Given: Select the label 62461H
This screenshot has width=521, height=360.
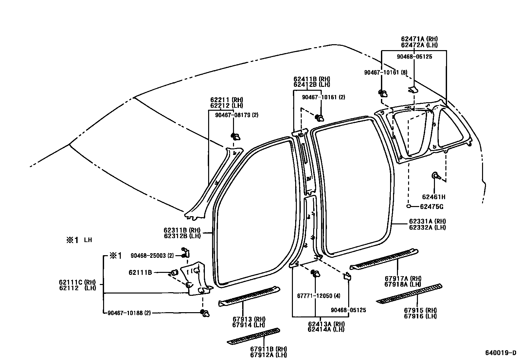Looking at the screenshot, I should click(434, 197).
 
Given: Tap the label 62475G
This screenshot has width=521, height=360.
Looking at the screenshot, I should click(432, 207).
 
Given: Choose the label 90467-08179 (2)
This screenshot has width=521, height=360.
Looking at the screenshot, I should click(237, 115).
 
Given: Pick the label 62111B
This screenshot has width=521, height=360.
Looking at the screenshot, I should click(140, 272).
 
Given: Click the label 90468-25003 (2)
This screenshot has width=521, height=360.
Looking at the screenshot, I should click(152, 256).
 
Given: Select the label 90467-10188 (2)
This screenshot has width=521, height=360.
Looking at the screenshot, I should click(129, 313).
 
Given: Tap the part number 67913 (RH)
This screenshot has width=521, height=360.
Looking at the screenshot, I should click(249, 319).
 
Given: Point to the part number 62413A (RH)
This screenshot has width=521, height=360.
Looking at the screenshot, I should click(326, 324).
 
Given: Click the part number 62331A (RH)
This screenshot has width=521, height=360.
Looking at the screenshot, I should click(427, 221).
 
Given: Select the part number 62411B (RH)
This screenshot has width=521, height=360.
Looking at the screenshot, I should click(312, 79).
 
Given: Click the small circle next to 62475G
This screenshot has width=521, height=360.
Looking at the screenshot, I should click(408, 206).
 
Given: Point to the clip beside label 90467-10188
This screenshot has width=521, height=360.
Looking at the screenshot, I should click(205, 313).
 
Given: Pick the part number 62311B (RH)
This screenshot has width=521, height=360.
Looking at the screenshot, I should click(182, 230).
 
